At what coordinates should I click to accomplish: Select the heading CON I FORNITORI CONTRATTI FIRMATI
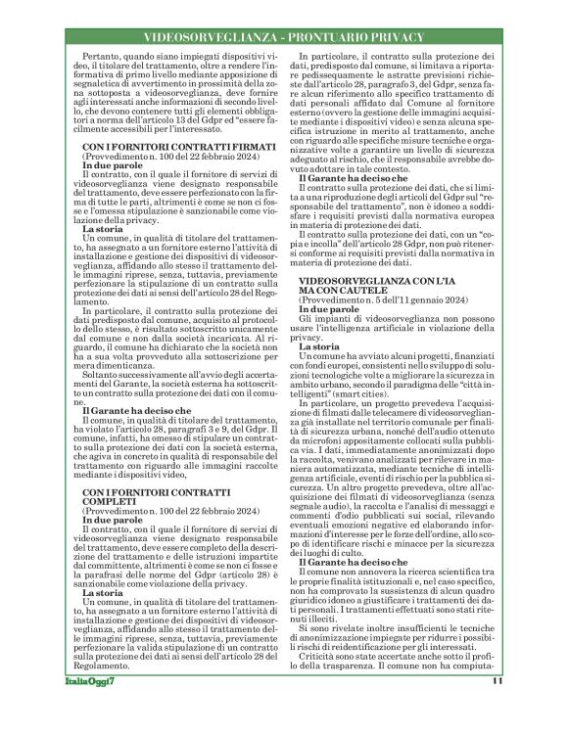163,146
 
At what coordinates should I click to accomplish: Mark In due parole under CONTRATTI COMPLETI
110,519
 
